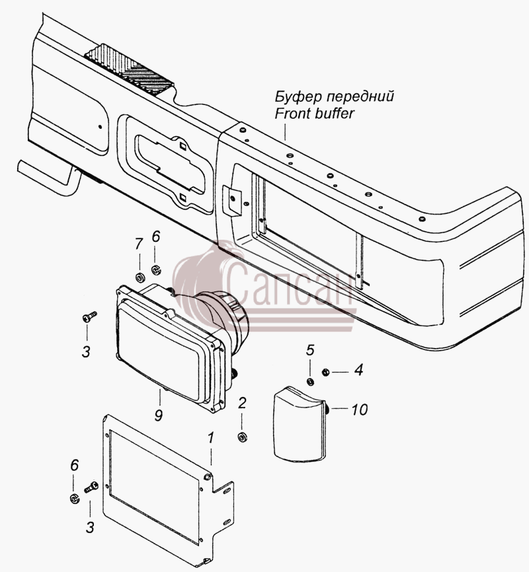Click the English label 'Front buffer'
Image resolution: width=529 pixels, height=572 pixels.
pyautogui.click(x=314, y=114)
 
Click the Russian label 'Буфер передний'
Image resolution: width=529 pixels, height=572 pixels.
pyautogui.click(x=335, y=96)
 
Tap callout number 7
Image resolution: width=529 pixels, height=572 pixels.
pyautogui.click(x=138, y=244)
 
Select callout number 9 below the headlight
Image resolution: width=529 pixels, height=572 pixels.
pyautogui.click(x=158, y=415)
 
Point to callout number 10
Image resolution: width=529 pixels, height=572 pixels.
pyautogui.click(x=360, y=410)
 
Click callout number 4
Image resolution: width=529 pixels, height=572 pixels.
pyautogui.click(x=359, y=370)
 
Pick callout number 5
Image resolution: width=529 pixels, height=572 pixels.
pyautogui.click(x=310, y=350)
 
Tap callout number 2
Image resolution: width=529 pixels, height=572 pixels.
pyautogui.click(x=242, y=403)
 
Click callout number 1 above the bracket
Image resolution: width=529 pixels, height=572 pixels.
pyautogui.click(x=211, y=438)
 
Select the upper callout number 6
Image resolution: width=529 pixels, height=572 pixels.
pyautogui.click(x=155, y=236)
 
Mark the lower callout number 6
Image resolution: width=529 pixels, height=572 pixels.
pyautogui.click(x=74, y=465)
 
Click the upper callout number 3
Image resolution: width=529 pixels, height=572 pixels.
pyautogui.click(x=86, y=352)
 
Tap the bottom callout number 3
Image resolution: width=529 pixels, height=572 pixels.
pyautogui.click(x=90, y=528)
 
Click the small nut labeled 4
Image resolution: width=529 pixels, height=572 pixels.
pyautogui.click(x=325, y=372)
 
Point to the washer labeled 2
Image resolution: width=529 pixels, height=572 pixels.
pyautogui.click(x=242, y=437)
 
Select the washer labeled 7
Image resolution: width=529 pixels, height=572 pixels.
pyautogui.click(x=140, y=278)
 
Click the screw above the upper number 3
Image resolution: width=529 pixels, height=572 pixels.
pyautogui.click(x=89, y=316)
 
